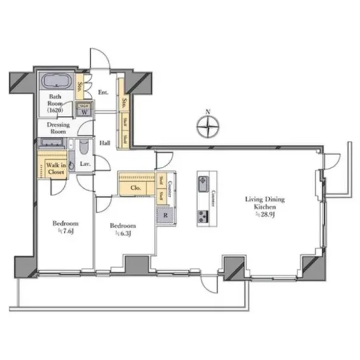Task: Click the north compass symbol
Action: tap(208, 128)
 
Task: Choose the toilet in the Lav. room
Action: tap(84, 147)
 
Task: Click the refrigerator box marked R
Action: tap(165, 214)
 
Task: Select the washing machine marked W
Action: tap(84, 110)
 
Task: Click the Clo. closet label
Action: tap(136, 188)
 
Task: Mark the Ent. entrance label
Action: tap(103, 92)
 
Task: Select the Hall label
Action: tap(104, 143)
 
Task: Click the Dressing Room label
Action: tap(58, 128)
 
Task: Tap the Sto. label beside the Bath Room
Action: tap(79, 87)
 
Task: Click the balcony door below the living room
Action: tap(210, 283)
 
